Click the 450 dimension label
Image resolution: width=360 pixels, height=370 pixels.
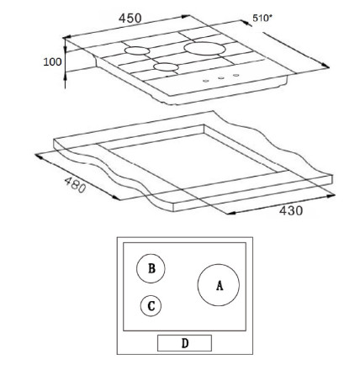click(130, 18)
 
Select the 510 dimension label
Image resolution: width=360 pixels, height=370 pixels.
click(262, 18)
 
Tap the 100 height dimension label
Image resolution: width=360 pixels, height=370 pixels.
click(52, 61)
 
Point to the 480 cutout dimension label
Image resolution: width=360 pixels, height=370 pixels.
click(75, 185)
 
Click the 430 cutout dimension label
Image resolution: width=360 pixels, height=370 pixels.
click(291, 210)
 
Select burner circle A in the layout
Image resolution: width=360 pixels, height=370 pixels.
click(198, 285)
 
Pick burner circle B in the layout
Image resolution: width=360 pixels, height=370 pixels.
click(136, 268)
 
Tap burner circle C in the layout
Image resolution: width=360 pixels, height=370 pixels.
click(140, 306)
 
